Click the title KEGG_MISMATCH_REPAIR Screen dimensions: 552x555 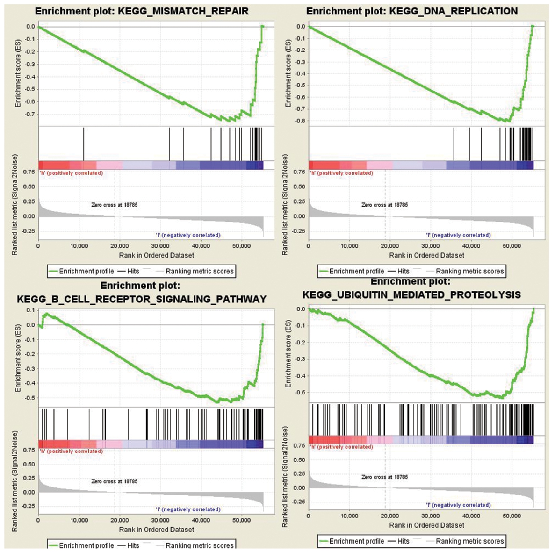click(141, 11)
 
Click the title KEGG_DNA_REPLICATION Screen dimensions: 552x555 click(412, 11)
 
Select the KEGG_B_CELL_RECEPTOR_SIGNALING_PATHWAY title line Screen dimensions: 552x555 click(141, 299)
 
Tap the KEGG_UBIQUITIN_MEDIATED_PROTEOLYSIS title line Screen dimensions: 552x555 click(411, 295)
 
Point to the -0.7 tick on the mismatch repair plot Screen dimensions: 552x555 click(30, 114)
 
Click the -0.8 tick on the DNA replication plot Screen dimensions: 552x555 click(301, 121)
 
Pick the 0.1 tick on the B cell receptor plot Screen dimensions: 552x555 click(30, 310)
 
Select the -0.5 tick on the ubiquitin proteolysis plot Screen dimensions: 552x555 click(301, 393)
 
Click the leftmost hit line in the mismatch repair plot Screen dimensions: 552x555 click(84, 143)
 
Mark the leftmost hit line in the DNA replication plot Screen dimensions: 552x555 click(454, 143)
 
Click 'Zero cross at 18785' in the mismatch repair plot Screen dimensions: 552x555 click(115, 205)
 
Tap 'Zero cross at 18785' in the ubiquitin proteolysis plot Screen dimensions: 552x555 click(385, 477)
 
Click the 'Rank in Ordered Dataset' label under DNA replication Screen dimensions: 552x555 click(427, 255)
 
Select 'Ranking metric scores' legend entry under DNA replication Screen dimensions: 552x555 click(469, 271)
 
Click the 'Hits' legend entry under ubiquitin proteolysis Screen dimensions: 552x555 click(403, 541)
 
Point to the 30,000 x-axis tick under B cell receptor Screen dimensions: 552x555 click(160, 520)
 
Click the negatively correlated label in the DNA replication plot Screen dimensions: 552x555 click(459, 235)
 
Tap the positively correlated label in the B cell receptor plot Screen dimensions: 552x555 click(71, 452)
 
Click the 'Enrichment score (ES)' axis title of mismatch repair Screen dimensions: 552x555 click(18, 74)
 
